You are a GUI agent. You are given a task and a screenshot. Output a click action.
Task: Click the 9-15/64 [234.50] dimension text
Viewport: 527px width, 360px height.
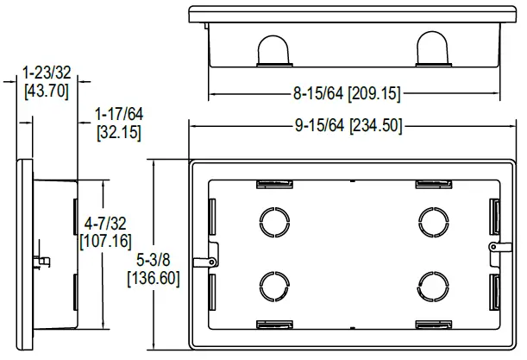pos(348,125)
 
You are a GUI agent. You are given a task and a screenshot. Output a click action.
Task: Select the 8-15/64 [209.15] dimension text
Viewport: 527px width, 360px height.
pos(348,93)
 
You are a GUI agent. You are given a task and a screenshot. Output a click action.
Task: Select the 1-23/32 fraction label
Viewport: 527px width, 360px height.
pos(45,72)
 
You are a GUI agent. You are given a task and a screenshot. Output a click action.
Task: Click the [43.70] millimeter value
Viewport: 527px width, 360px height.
pos(46,90)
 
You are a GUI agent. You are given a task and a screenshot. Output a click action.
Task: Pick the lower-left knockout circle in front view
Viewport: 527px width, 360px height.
pos(274,283)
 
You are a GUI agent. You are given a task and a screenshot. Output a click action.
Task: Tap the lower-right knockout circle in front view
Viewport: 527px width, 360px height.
pos(431,283)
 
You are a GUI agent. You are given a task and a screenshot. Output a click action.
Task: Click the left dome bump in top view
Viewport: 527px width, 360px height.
pos(274,50)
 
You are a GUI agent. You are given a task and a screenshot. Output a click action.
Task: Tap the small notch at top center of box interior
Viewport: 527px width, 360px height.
pos(353,181)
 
